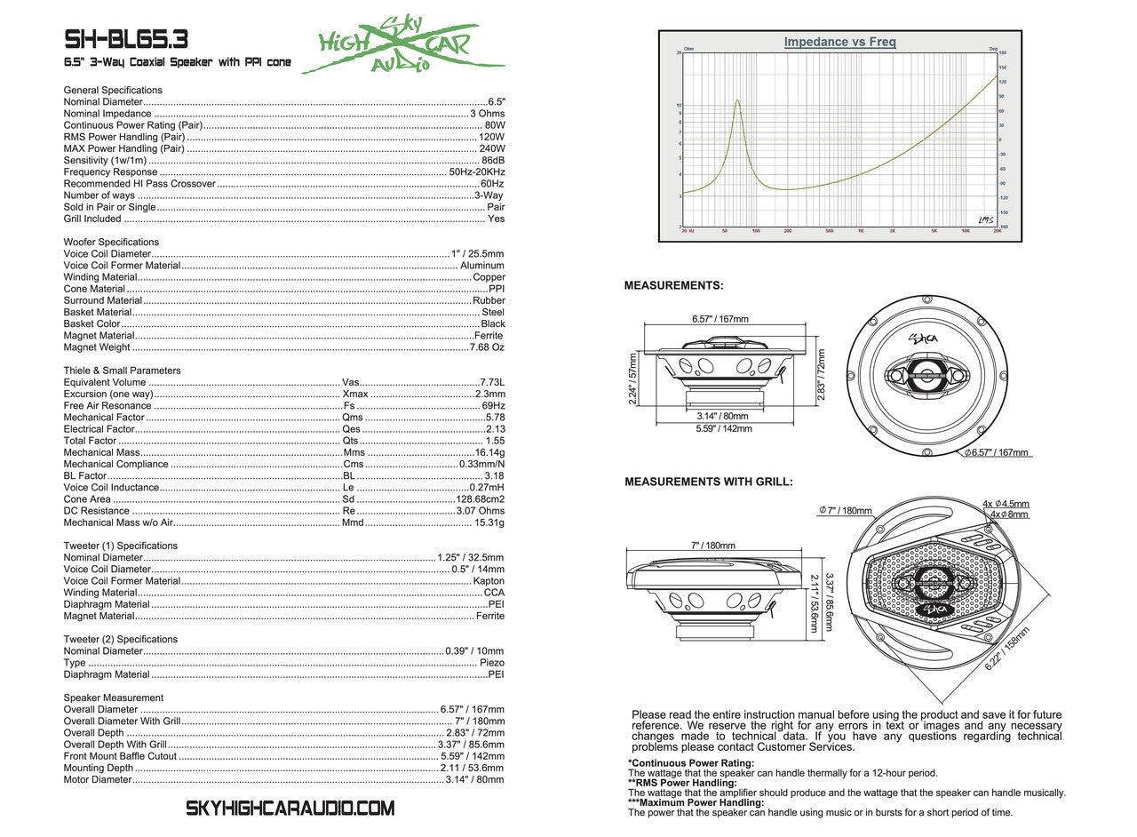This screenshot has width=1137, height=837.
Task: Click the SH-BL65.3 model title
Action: click(126, 40)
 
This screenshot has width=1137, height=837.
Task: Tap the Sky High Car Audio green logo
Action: click(404, 45)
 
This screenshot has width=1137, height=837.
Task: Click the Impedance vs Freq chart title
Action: click(839, 42)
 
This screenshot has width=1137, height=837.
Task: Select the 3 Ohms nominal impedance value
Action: click(488, 114)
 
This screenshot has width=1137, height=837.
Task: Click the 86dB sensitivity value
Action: click(492, 160)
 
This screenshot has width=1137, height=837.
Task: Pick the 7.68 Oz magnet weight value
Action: click(487, 347)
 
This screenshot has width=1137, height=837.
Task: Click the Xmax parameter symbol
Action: click(355, 395)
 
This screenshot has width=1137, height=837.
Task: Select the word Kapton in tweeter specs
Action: click(489, 581)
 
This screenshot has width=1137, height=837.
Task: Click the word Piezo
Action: click(491, 663)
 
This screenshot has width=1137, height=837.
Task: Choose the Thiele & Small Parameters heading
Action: click(122, 371)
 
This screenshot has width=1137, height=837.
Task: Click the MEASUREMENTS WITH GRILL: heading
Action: click(708, 482)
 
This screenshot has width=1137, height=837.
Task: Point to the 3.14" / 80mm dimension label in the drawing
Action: click(722, 416)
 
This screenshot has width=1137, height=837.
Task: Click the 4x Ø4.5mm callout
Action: click(1006, 504)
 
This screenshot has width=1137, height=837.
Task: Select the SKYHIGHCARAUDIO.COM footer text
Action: click(290, 809)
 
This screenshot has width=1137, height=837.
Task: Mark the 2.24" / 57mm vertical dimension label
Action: click(633, 379)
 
